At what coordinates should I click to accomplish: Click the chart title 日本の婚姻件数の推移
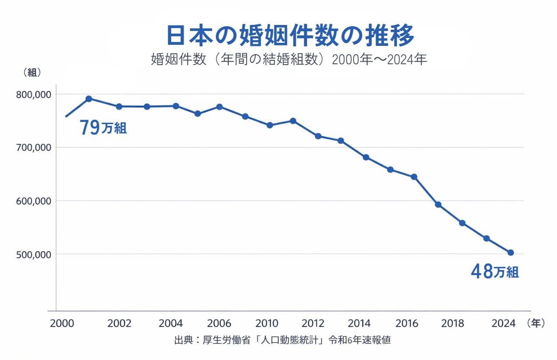tap(290, 36)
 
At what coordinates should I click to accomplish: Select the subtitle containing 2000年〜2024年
tap(289, 59)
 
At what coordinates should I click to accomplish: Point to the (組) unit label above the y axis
tap(32, 73)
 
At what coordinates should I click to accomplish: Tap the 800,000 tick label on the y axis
tap(33, 94)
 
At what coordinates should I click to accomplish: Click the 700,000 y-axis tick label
tap(33, 148)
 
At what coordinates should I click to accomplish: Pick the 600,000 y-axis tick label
tap(33, 201)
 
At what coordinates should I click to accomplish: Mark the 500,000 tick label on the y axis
tap(33, 254)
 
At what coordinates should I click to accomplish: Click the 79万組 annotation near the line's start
tap(103, 128)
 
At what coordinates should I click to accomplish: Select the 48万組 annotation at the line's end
tap(494, 272)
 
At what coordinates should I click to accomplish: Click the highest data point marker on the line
tap(89, 99)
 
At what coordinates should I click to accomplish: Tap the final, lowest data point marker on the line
tap(510, 253)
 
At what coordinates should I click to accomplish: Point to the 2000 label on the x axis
tap(61, 324)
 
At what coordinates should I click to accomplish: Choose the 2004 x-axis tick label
tap(171, 324)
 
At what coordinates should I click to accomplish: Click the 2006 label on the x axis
tap(219, 324)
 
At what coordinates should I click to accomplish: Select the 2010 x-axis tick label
tap(267, 324)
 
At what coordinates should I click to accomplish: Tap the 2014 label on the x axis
tap(359, 324)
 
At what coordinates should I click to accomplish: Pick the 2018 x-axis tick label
tap(453, 324)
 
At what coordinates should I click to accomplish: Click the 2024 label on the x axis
tap(503, 324)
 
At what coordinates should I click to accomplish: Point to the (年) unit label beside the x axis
tap(536, 323)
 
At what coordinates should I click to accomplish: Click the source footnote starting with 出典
tap(282, 340)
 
